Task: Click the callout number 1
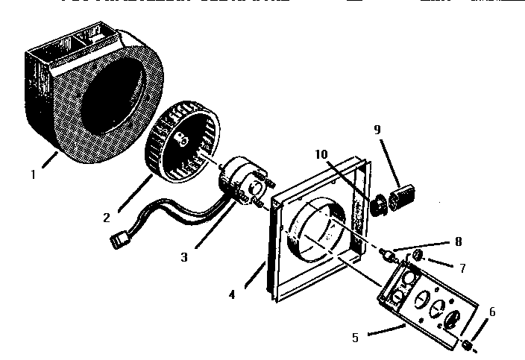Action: click(33, 176)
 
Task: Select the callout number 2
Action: click(107, 217)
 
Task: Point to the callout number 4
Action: click(232, 294)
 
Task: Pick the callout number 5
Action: click(356, 337)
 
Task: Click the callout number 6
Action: click(491, 312)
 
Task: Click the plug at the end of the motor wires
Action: click(117, 241)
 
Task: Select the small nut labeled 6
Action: click(466, 344)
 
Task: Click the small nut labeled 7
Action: click(419, 256)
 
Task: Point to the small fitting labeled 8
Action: click(388, 257)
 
